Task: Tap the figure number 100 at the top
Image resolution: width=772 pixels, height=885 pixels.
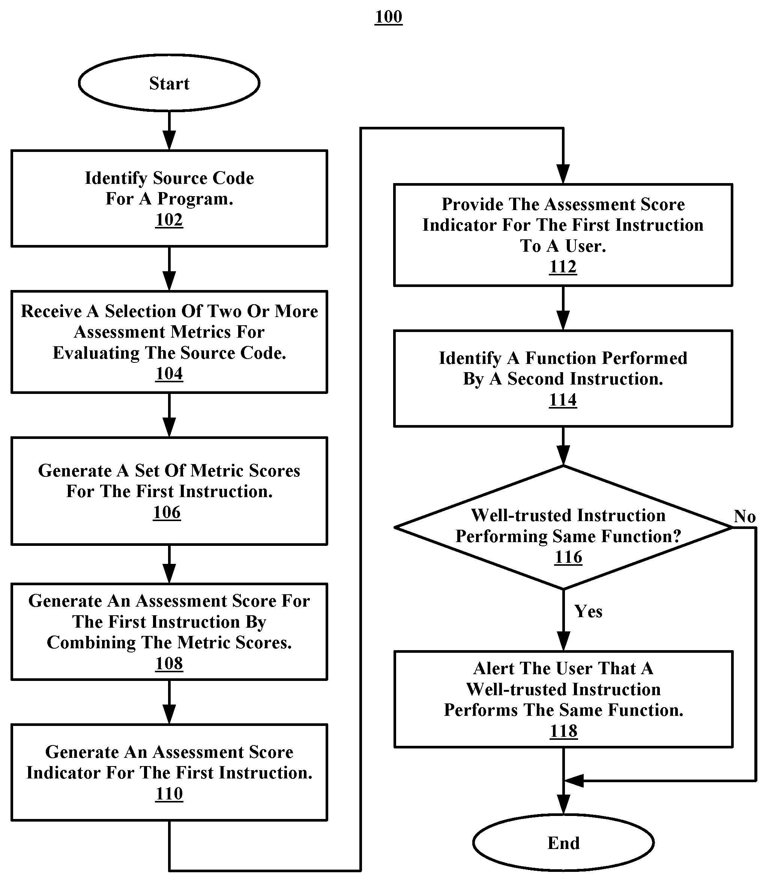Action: click(389, 17)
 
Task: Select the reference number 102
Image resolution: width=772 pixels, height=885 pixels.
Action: click(169, 220)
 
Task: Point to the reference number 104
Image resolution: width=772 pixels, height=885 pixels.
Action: click(169, 374)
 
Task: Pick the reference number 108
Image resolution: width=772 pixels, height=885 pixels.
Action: click(169, 664)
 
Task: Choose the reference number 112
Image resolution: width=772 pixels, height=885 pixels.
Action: click(563, 267)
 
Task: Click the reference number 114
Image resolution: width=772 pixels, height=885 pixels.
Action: click(563, 400)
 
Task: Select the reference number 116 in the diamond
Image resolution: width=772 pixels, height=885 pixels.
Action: click(568, 557)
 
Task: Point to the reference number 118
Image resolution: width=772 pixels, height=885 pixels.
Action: click(563, 731)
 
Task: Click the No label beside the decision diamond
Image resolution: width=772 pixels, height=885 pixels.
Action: click(745, 516)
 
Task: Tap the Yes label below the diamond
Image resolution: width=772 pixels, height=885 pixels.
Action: click(588, 612)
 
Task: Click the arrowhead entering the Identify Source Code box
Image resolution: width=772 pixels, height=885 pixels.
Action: click(169, 141)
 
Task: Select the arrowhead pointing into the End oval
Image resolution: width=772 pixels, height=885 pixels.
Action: click(563, 804)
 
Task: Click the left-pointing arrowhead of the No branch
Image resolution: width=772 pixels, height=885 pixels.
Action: click(574, 780)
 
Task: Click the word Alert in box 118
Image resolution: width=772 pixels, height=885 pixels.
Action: click(494, 668)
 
